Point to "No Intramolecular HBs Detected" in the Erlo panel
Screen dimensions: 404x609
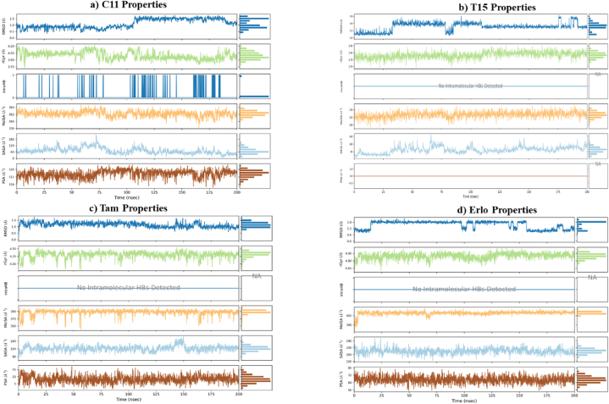pos(464,289)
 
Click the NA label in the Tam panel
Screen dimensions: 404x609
pos(257,277)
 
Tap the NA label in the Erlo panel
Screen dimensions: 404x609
pos(592,277)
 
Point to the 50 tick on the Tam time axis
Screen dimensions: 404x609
pos(72,392)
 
